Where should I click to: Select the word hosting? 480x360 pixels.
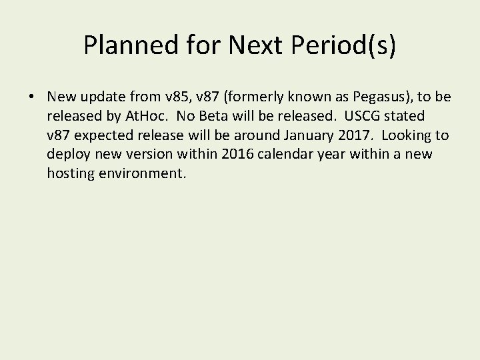coord(69,175)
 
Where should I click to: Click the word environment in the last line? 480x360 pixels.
coord(143,175)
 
